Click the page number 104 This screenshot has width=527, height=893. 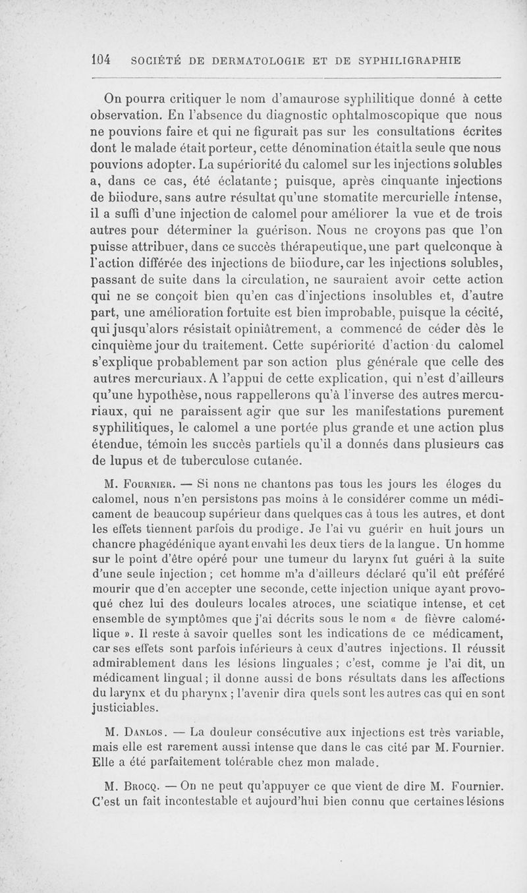(x=100, y=60)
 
